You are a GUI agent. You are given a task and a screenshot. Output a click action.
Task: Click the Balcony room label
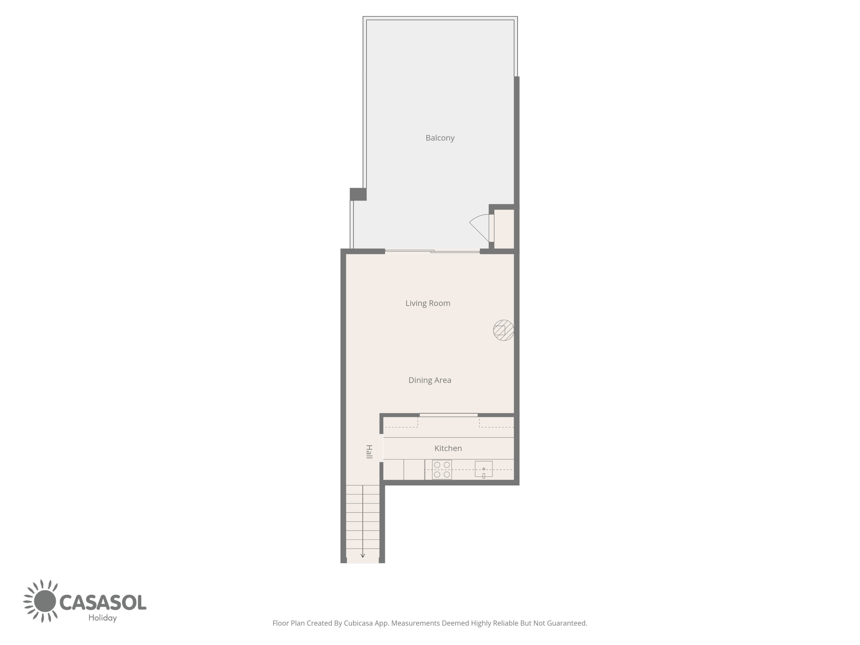coord(440,138)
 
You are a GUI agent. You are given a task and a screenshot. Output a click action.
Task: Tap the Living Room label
coord(428,303)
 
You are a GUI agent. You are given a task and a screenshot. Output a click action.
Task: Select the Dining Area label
coord(430,380)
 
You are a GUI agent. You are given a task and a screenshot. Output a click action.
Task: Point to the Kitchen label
coord(448,448)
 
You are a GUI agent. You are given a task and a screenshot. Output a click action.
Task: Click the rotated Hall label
coord(369,452)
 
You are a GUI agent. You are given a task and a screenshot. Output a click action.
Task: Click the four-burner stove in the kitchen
coord(442,470)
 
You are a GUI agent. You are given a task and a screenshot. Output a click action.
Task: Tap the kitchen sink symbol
coord(484,469)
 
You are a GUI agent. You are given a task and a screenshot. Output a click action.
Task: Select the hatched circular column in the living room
coord(504,331)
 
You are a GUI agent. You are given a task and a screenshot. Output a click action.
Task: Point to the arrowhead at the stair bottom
coord(363,556)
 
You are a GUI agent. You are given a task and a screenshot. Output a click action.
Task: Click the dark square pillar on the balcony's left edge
coord(358,194)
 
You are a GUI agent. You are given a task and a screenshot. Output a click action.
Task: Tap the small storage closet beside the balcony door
coord(504,229)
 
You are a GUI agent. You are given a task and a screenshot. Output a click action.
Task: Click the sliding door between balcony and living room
coord(432,251)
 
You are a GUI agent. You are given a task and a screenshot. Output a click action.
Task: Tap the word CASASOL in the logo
coord(103,603)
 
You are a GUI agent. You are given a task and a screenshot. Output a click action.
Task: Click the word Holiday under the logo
coord(103,618)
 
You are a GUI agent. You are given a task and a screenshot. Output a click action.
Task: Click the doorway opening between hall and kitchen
coord(381,448)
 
